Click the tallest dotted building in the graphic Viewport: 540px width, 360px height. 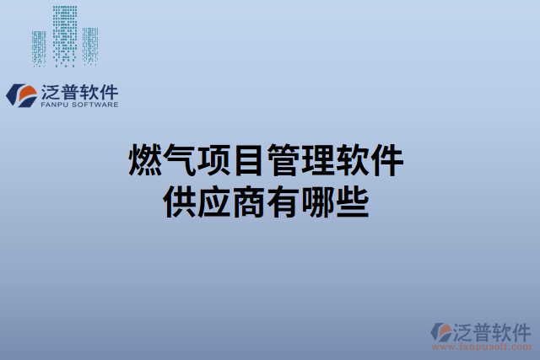pos(64,35)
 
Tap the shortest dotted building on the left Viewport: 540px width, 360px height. pos(39,48)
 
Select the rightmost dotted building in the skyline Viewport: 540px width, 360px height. pos(89,46)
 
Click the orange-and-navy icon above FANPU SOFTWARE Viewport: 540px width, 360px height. pos(21,94)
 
